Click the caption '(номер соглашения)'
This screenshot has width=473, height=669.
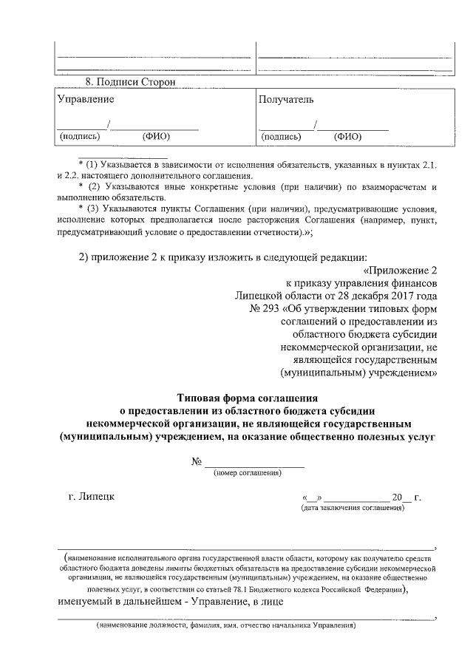click(246, 472)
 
